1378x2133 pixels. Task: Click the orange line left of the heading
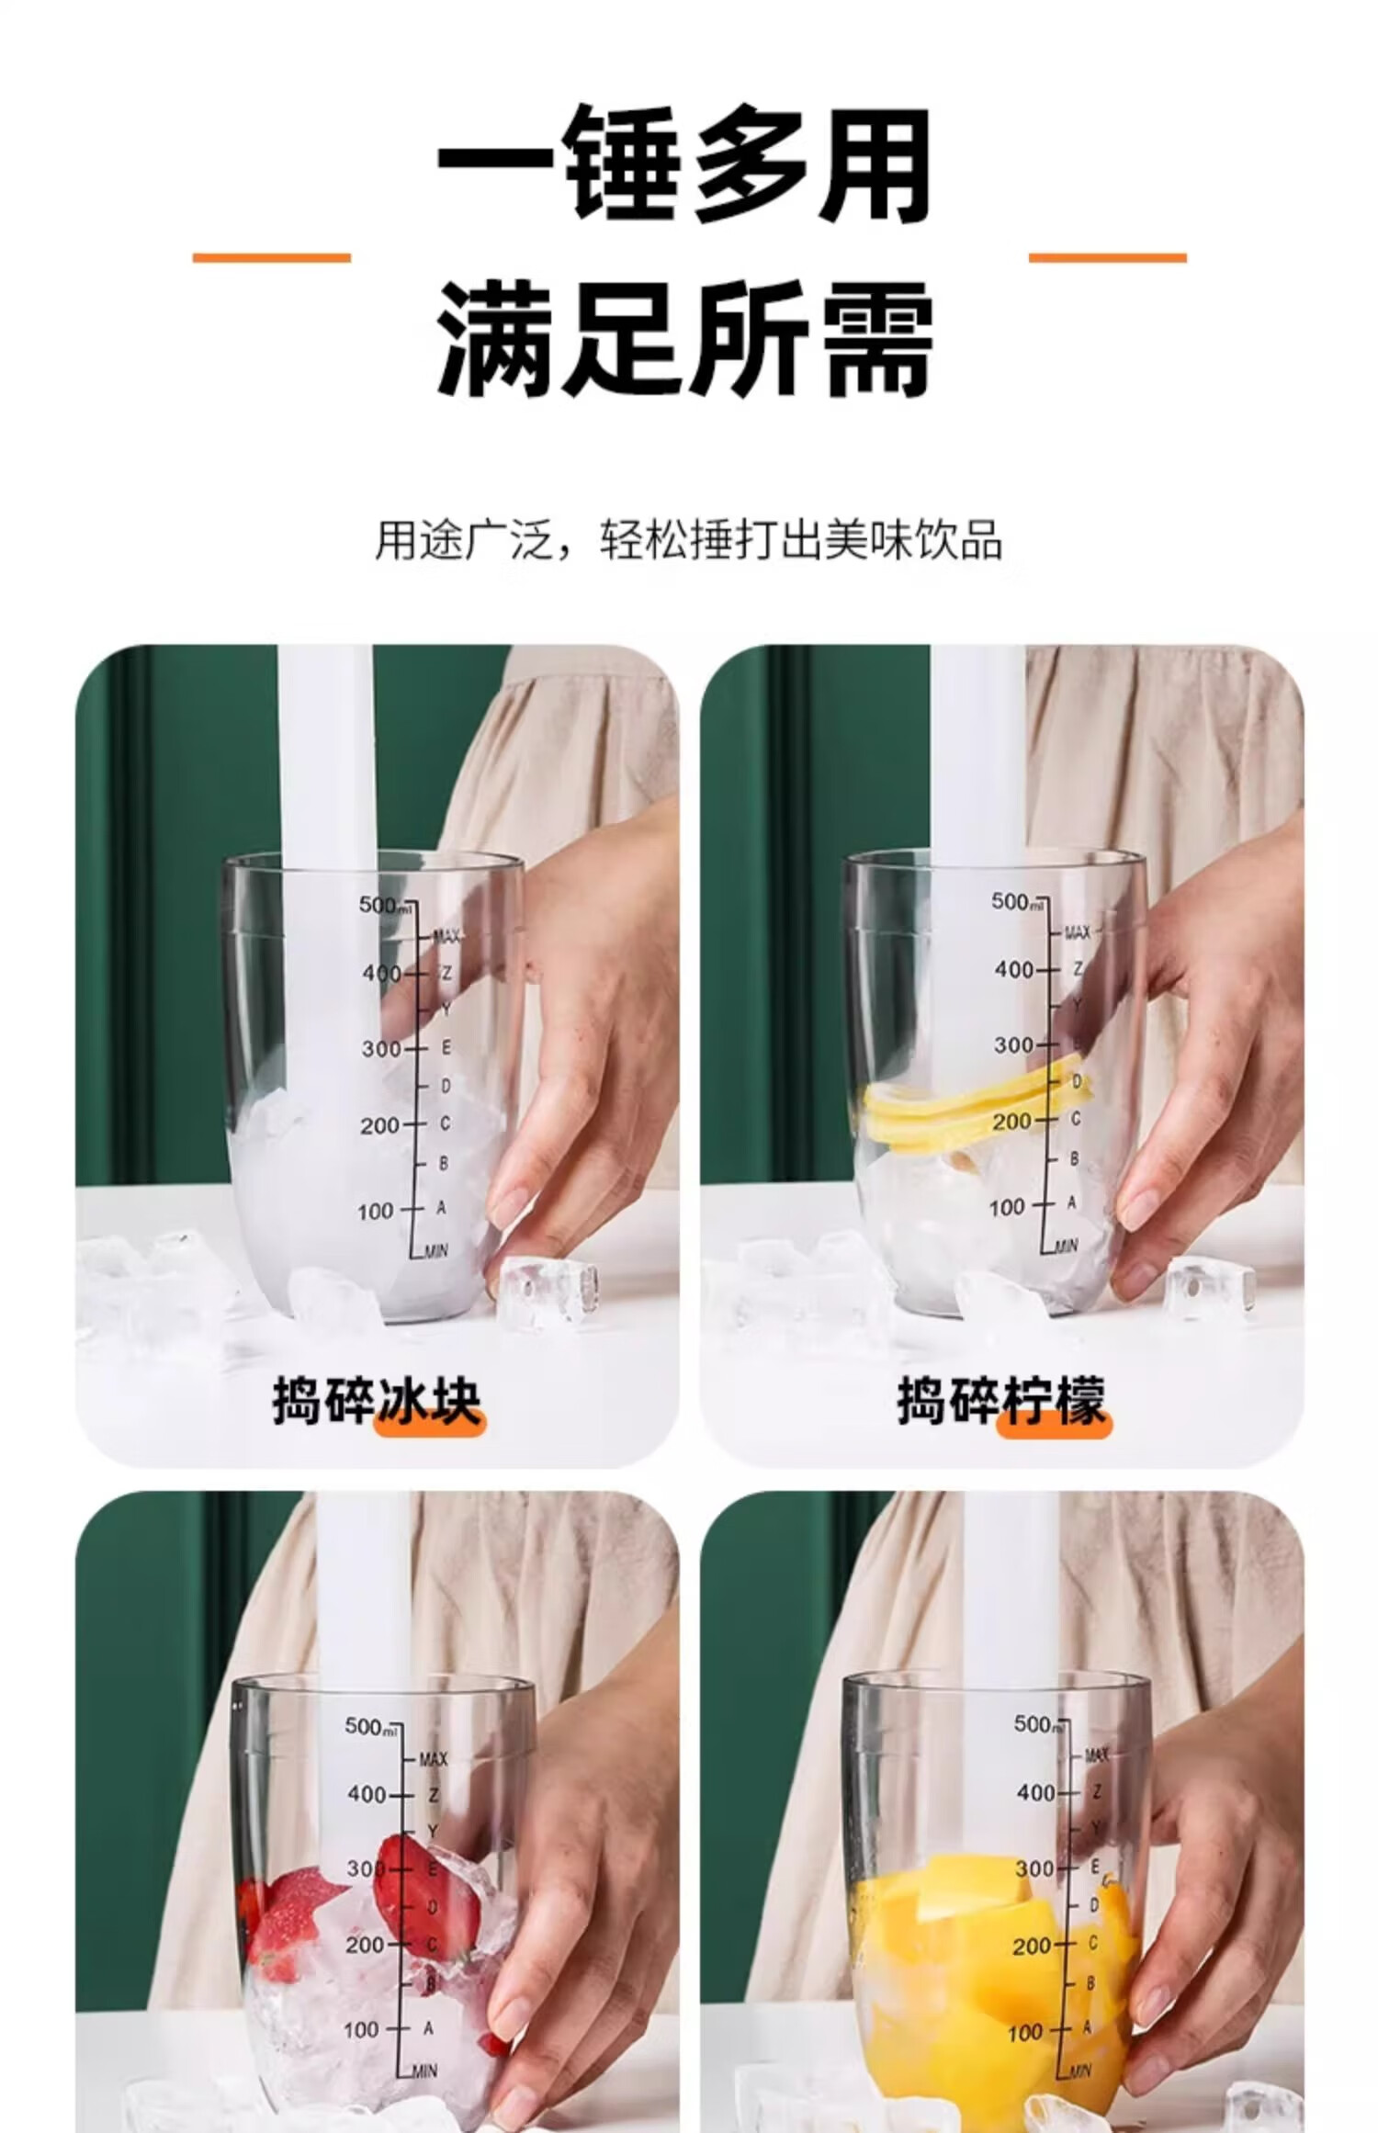coord(271,257)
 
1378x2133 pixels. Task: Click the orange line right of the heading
coord(1107,257)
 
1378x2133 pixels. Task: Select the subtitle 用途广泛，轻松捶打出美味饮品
coord(688,539)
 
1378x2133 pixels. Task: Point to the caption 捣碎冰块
coord(377,1401)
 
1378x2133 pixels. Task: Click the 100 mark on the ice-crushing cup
coord(376,1212)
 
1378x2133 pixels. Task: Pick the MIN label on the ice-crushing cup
coord(435,1250)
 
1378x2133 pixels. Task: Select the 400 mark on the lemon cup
coord(1013,969)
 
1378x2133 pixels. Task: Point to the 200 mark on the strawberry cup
coord(365,1945)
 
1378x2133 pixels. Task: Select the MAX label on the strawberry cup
coord(433,1759)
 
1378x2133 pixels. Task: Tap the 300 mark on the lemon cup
coord(1013,1045)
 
